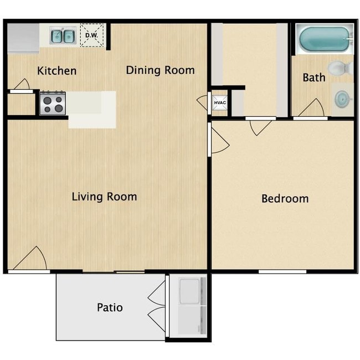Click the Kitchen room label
pyautogui.click(x=56, y=71)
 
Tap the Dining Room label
pyautogui.click(x=160, y=70)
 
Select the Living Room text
pyautogui.click(x=104, y=197)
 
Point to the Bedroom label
pyautogui.click(x=285, y=199)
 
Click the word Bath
pyautogui.click(x=314, y=78)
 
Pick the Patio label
pyautogui.click(x=110, y=307)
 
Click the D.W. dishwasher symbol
pyautogui.click(x=92, y=35)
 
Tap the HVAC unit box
pyautogui.click(x=220, y=102)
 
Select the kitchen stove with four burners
pyautogui.click(x=53, y=103)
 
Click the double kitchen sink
pyautogui.click(x=63, y=36)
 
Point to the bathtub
pyautogui.click(x=324, y=39)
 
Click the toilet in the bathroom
pyautogui.click(x=341, y=68)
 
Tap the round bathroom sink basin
pyautogui.click(x=342, y=99)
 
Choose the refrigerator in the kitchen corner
pyautogui.click(x=23, y=38)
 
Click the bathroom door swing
pyautogui.click(x=311, y=107)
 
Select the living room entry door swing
pyautogui.click(x=30, y=258)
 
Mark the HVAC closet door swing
pyautogui.click(x=202, y=102)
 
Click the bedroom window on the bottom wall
pyautogui.click(x=282, y=272)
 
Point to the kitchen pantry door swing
pyautogui.click(x=22, y=84)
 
